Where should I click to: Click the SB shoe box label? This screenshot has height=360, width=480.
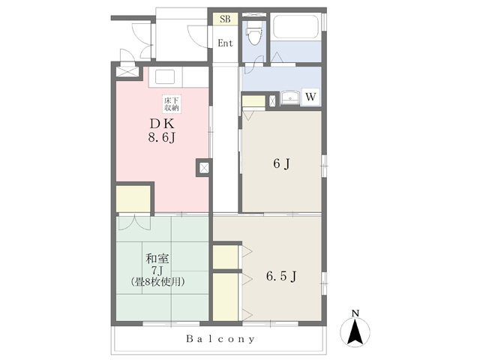point(225,19)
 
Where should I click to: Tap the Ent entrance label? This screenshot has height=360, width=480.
point(225,43)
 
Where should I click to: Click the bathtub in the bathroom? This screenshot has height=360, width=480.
point(295,27)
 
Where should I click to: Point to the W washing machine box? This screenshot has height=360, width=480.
point(310,97)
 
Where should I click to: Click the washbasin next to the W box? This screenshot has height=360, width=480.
point(291,97)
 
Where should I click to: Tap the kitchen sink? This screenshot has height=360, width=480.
point(165,76)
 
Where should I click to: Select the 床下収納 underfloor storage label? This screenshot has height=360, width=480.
point(172,103)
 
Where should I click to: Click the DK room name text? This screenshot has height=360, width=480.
point(162,124)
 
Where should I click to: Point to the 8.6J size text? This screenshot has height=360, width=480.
point(162,138)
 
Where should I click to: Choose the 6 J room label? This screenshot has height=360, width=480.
point(282,164)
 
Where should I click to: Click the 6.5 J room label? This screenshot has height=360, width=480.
point(281,277)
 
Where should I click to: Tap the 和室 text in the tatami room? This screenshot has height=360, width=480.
point(157,259)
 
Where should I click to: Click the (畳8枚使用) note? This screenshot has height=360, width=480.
point(157,282)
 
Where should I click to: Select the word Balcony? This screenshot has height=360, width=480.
point(220,339)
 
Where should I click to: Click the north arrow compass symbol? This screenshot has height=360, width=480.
point(355,332)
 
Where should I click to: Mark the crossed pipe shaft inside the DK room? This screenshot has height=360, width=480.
point(204,168)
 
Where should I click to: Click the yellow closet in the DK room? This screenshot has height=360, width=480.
point(133,199)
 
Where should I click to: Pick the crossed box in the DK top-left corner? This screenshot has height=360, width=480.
point(127,71)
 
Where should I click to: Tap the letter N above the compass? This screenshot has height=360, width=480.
point(355,313)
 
